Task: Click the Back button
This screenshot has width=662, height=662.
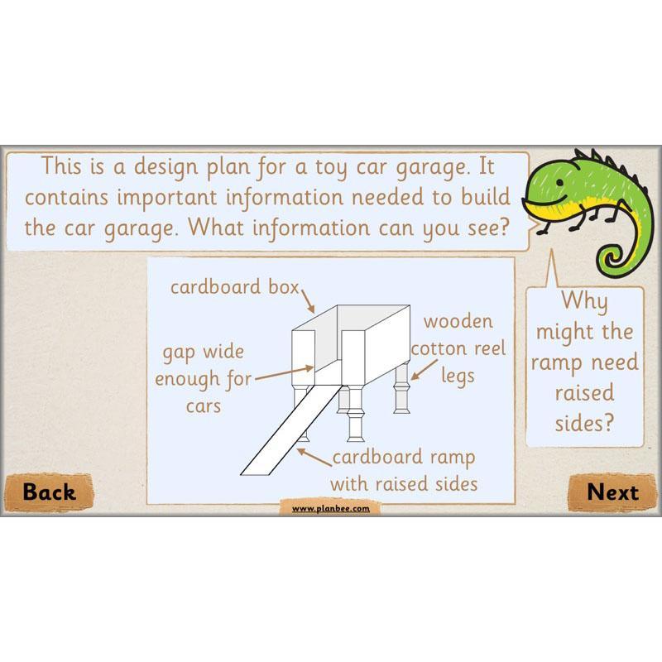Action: point(49,492)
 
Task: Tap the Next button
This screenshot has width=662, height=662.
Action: point(612,492)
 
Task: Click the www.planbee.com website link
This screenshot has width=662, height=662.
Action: point(330,508)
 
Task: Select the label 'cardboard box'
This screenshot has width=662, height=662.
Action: point(233,287)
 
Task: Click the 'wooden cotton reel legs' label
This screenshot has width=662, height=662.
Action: point(457,348)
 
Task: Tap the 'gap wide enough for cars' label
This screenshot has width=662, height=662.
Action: point(203,379)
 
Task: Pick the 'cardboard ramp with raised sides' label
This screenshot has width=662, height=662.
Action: point(403,470)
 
